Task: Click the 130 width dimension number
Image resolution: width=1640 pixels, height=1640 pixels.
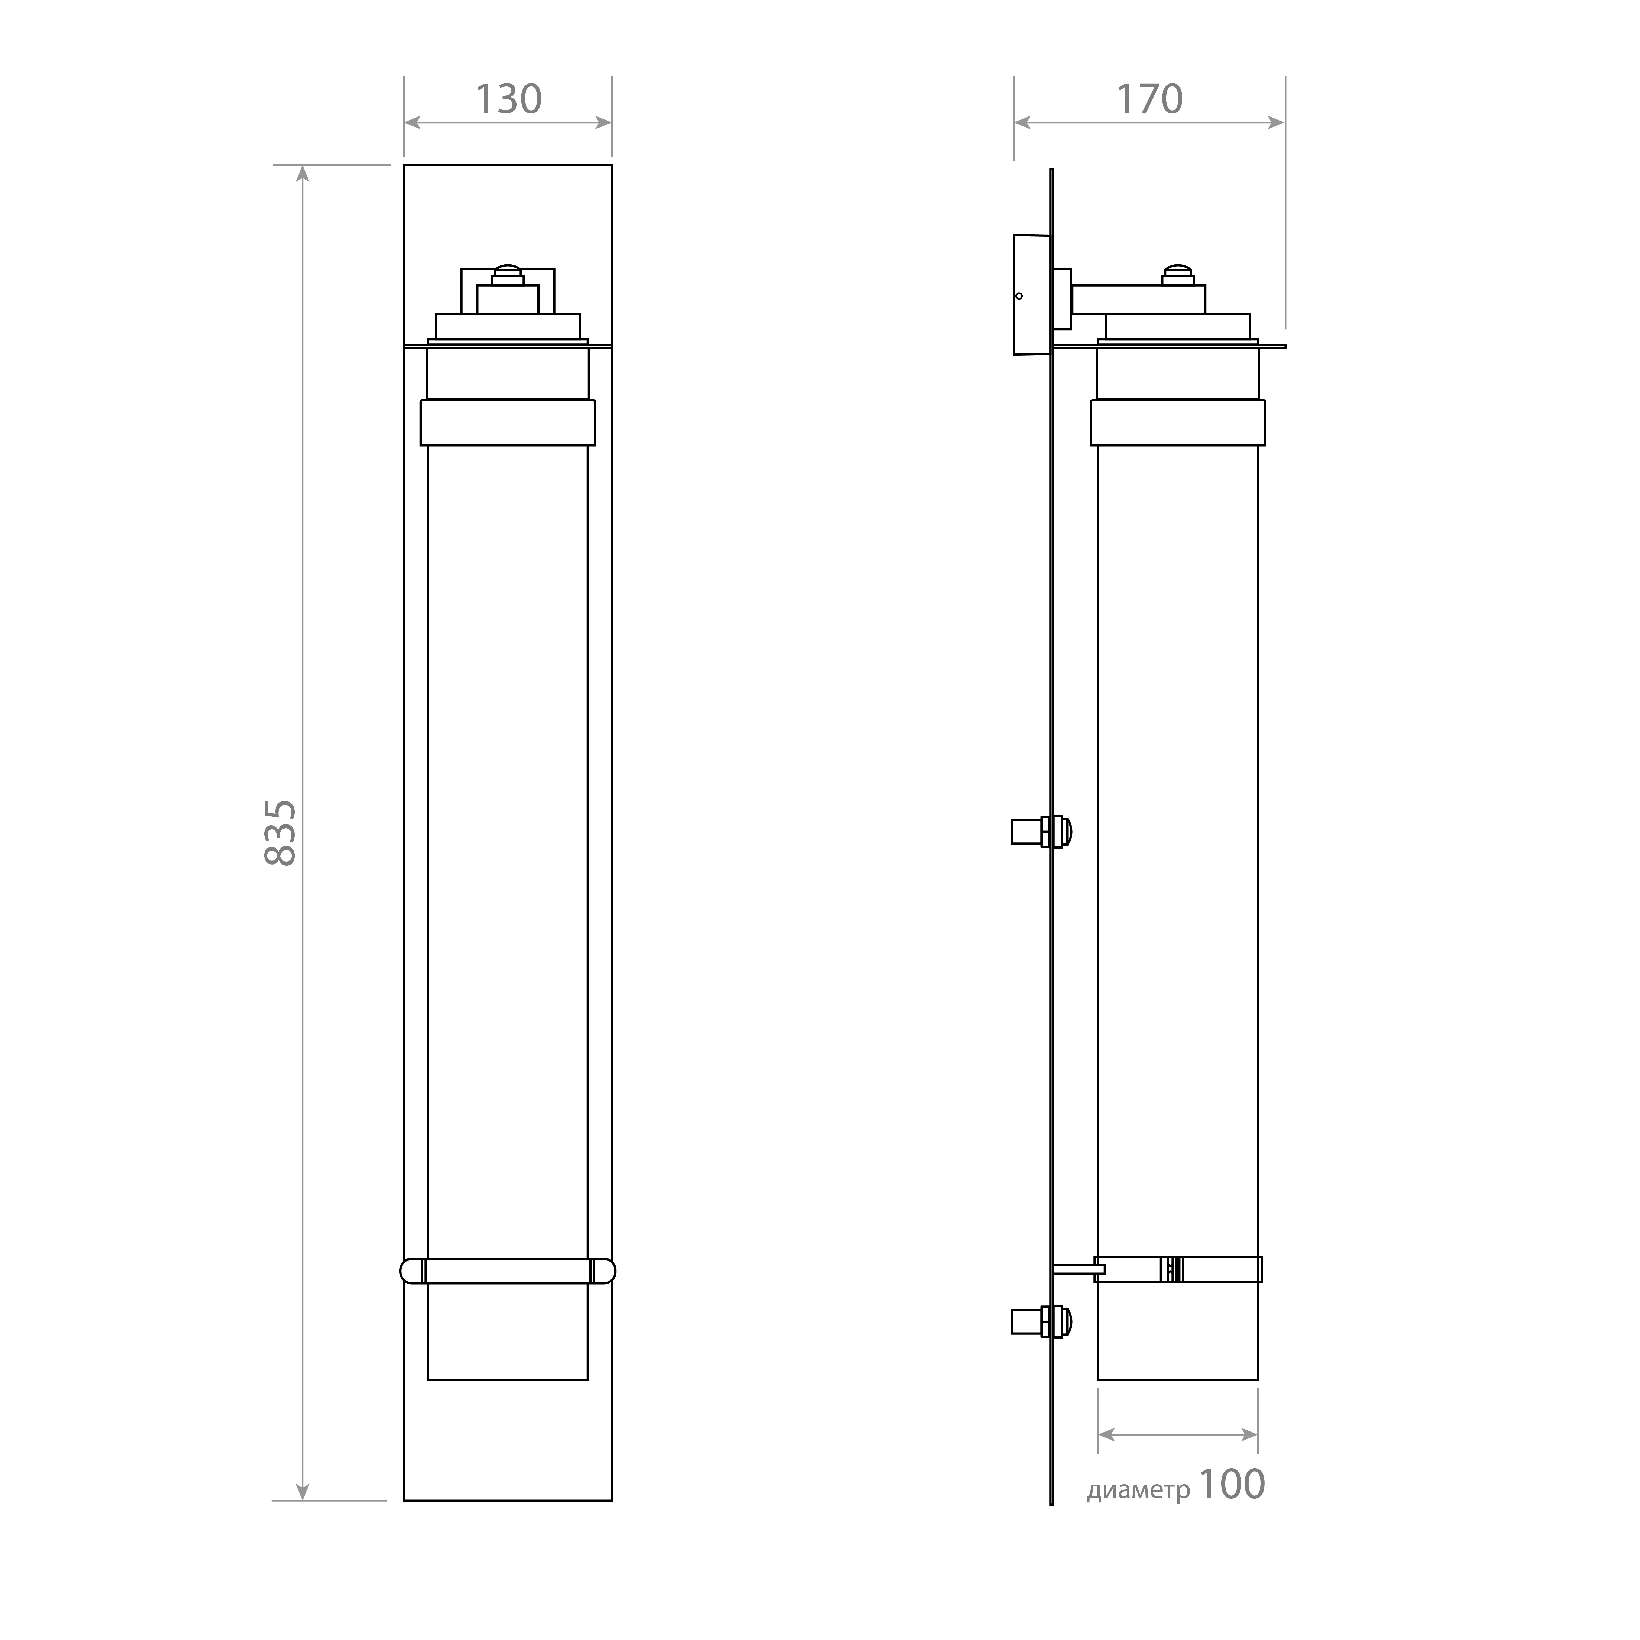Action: pyautogui.click(x=508, y=99)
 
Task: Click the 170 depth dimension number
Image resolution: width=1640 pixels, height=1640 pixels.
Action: pyautogui.click(x=1148, y=99)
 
